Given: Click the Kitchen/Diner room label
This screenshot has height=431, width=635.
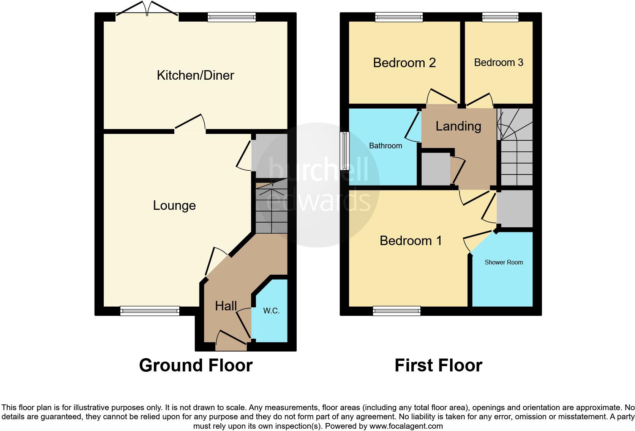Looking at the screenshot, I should (195, 75).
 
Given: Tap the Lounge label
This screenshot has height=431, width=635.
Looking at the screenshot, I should (174, 205).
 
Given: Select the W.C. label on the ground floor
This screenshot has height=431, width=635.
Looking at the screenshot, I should (271, 311).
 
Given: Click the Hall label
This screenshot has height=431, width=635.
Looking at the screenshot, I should (226, 306).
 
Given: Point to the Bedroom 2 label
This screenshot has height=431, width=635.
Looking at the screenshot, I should (404, 63).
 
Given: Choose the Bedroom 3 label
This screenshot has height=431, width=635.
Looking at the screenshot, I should (498, 63).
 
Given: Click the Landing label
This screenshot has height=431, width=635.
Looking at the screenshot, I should (458, 126).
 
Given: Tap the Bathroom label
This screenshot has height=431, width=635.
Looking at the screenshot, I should (385, 146).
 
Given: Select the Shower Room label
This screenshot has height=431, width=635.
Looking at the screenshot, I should (504, 262).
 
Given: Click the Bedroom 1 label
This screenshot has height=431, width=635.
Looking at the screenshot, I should (411, 241).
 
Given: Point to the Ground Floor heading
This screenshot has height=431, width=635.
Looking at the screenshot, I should (196, 365).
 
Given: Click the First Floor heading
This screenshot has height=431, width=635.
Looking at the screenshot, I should (438, 365).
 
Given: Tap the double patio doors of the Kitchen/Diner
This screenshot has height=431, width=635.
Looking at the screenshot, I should (147, 11).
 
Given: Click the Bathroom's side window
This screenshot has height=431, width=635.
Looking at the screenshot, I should (345, 151).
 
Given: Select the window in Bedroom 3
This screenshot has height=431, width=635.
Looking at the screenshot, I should (500, 17).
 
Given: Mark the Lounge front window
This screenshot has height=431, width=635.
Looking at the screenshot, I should (150, 311).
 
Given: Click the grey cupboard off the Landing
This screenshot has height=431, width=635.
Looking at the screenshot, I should (436, 169).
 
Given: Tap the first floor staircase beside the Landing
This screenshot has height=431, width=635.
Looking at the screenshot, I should (516, 148).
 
